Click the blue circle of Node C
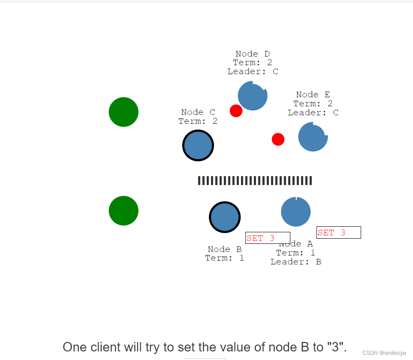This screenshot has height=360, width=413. [x=198, y=146]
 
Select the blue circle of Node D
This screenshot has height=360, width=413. [x=253, y=96]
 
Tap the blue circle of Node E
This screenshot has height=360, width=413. [x=313, y=137]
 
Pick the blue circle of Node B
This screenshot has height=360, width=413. [x=225, y=217]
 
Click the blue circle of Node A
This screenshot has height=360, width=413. [x=296, y=212]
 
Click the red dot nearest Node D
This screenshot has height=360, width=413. [x=236, y=111]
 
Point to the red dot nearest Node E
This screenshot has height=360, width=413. [x=278, y=139]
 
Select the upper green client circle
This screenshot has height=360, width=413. [x=124, y=112]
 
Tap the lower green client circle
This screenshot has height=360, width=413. [x=124, y=210]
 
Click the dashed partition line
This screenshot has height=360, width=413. [x=255, y=180]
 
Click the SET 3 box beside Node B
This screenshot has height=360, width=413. [x=268, y=238]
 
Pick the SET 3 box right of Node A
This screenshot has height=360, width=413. [x=339, y=232]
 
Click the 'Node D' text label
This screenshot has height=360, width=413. [x=253, y=54]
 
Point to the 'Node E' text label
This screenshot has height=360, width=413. [x=313, y=95]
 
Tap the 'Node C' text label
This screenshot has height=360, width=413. [x=198, y=112]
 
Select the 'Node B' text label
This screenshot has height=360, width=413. [x=225, y=249]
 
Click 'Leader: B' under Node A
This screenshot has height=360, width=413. [x=296, y=262]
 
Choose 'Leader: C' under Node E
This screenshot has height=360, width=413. [x=313, y=113]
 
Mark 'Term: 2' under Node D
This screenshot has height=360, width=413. [x=253, y=63]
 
